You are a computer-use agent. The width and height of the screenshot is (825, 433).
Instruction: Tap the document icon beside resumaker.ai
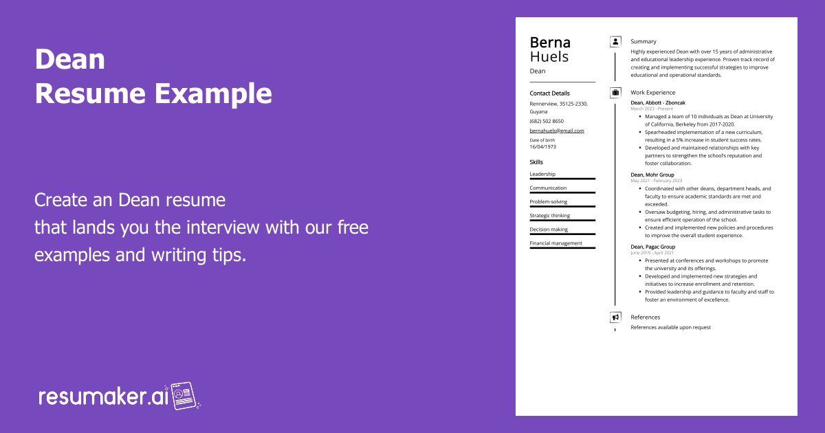point(184,396)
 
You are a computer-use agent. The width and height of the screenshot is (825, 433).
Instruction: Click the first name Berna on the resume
point(550,43)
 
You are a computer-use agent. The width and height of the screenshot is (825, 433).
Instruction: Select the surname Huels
point(549,56)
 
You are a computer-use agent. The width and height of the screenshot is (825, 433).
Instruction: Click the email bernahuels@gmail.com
point(557,131)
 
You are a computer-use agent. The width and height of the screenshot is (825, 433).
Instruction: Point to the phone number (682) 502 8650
point(547,121)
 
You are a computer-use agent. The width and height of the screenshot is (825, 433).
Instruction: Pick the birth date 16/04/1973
point(543,146)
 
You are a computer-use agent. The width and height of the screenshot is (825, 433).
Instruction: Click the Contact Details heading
point(549,93)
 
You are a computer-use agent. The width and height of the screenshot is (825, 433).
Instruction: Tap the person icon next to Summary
point(615,42)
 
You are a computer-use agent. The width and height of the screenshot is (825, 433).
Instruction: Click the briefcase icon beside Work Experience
point(615,92)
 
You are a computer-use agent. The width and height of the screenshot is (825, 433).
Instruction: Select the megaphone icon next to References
point(615,318)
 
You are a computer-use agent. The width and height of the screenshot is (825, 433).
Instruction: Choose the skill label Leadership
point(542,174)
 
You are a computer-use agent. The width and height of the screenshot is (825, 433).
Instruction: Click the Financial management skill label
point(555,243)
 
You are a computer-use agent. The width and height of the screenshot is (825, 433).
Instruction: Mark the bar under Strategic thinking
point(562,220)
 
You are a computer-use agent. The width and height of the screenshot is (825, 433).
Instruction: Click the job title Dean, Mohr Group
point(652,175)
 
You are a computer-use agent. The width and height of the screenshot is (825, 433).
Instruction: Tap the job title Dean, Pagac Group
point(653,247)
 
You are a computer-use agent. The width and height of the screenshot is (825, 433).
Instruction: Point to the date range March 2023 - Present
point(652,109)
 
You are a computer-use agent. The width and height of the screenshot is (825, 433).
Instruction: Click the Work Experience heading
point(653,92)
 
